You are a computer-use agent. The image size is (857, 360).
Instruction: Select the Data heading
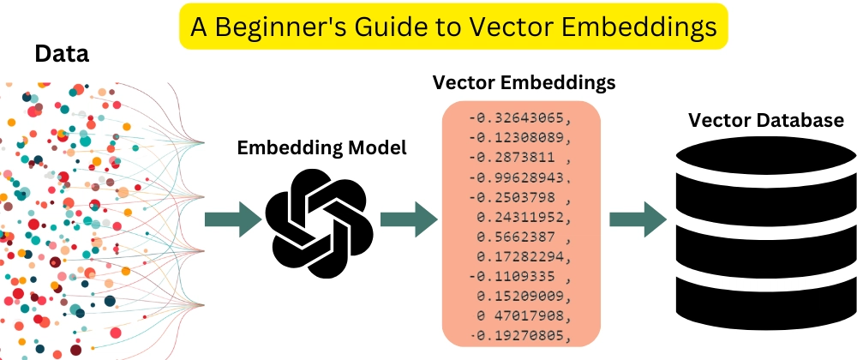pyautogui.click(x=62, y=54)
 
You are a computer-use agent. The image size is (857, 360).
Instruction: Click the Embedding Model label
pyautogui.click(x=321, y=147)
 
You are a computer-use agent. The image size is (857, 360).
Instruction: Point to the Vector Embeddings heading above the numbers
pyautogui.click(x=524, y=82)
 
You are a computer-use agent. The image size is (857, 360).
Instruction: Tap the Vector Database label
pyautogui.click(x=765, y=120)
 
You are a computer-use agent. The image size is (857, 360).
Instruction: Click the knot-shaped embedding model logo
pyautogui.click(x=319, y=223)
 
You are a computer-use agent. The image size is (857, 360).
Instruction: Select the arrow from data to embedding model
pyautogui.click(x=233, y=219)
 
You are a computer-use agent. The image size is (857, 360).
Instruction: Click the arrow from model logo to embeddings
pyautogui.click(x=408, y=219)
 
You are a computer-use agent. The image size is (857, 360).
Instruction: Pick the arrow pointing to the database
pyautogui.click(x=638, y=219)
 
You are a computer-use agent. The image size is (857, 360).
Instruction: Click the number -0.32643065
pyautogui.click(x=520, y=118)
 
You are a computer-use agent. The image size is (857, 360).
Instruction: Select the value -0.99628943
pyautogui.click(x=520, y=177)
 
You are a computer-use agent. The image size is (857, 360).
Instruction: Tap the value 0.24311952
pyautogui.click(x=524, y=217)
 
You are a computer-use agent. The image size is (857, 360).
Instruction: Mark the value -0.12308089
pyautogui.click(x=520, y=138)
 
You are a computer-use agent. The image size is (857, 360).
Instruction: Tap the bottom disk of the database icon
pyautogui.click(x=765, y=303)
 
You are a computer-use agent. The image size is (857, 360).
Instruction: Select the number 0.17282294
pyautogui.click(x=524, y=256)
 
